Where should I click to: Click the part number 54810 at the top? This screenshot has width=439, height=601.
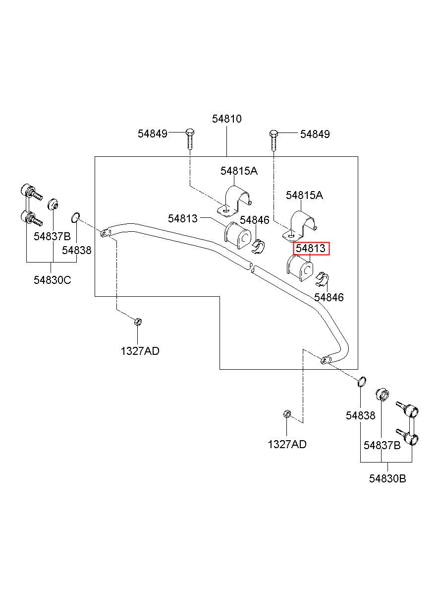(x=226, y=119)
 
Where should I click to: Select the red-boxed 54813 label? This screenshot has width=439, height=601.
(x=311, y=249)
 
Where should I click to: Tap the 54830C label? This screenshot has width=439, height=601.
(x=52, y=280)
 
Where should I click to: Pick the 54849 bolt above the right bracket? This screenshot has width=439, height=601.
(x=274, y=140)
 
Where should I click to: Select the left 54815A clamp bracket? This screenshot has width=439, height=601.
(x=234, y=200)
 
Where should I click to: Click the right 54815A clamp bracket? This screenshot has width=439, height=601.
(x=300, y=225)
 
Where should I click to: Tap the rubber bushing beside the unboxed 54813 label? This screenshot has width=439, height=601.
(x=237, y=236)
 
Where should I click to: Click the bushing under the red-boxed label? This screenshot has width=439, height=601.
(x=300, y=268)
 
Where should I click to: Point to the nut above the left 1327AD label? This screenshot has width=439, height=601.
(x=138, y=322)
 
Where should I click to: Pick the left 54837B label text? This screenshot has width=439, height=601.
(x=52, y=236)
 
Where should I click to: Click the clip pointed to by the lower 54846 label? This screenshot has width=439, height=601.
(x=323, y=279)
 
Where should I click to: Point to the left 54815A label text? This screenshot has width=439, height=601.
(x=239, y=171)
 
